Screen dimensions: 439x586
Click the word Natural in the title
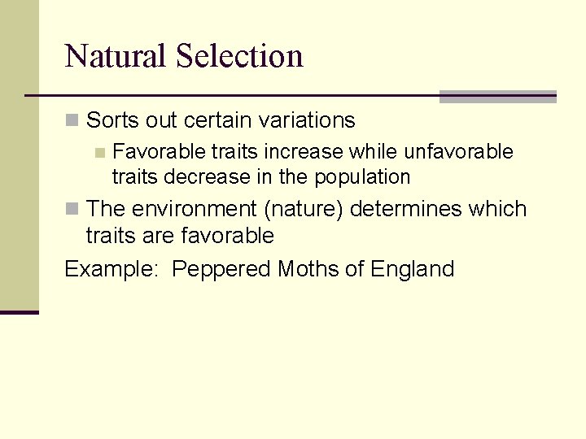[x=116, y=56]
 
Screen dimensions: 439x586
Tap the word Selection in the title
[x=239, y=56]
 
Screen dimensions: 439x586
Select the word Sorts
[x=111, y=120]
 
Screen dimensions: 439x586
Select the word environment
[x=195, y=209]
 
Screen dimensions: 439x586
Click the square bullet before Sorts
[x=72, y=121]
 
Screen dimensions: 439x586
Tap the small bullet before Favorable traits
[x=99, y=153]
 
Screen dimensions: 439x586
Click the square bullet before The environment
[x=72, y=210]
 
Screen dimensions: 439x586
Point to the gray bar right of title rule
[x=497, y=97]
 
